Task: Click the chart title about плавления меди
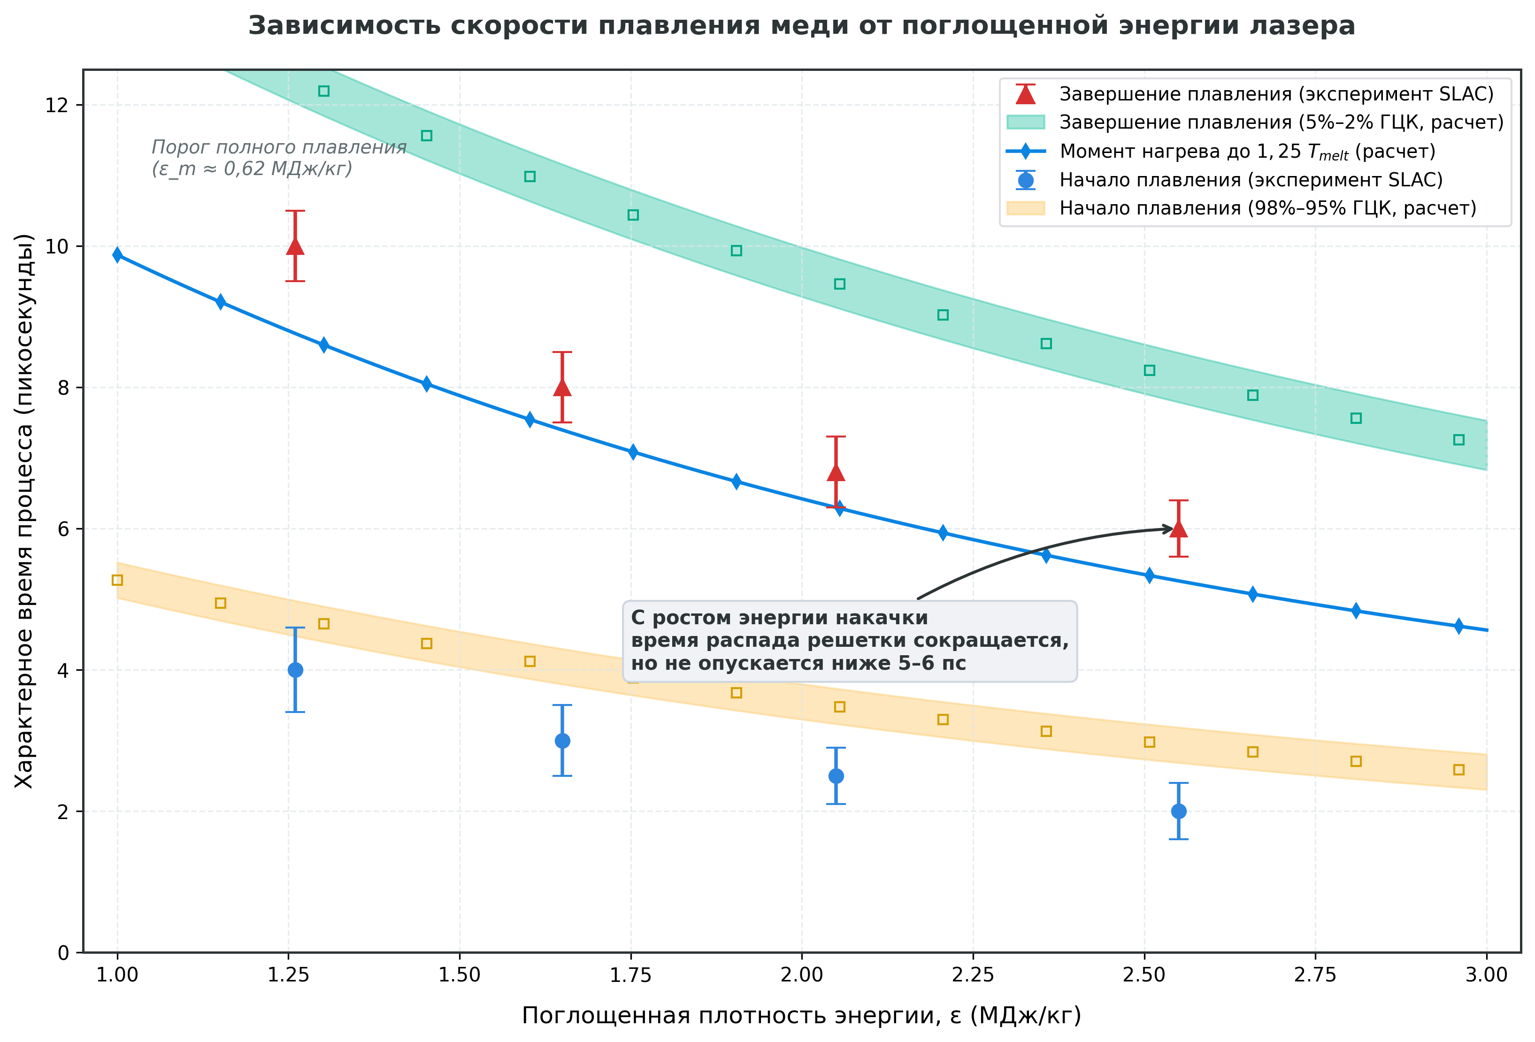tap(801, 26)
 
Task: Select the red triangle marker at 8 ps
tap(562, 387)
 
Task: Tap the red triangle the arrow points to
tap(1178, 528)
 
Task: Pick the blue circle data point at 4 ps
tap(295, 670)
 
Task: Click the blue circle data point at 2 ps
tap(1178, 811)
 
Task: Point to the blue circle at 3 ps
tap(562, 740)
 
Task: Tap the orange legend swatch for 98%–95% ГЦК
tap(1025, 208)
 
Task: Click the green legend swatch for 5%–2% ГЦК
tap(1025, 122)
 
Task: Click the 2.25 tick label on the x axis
tap(973, 975)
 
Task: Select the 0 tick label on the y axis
tap(63, 953)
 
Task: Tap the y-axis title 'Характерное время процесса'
tap(24, 510)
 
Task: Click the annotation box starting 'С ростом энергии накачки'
tap(849, 641)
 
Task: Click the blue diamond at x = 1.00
tap(117, 255)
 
